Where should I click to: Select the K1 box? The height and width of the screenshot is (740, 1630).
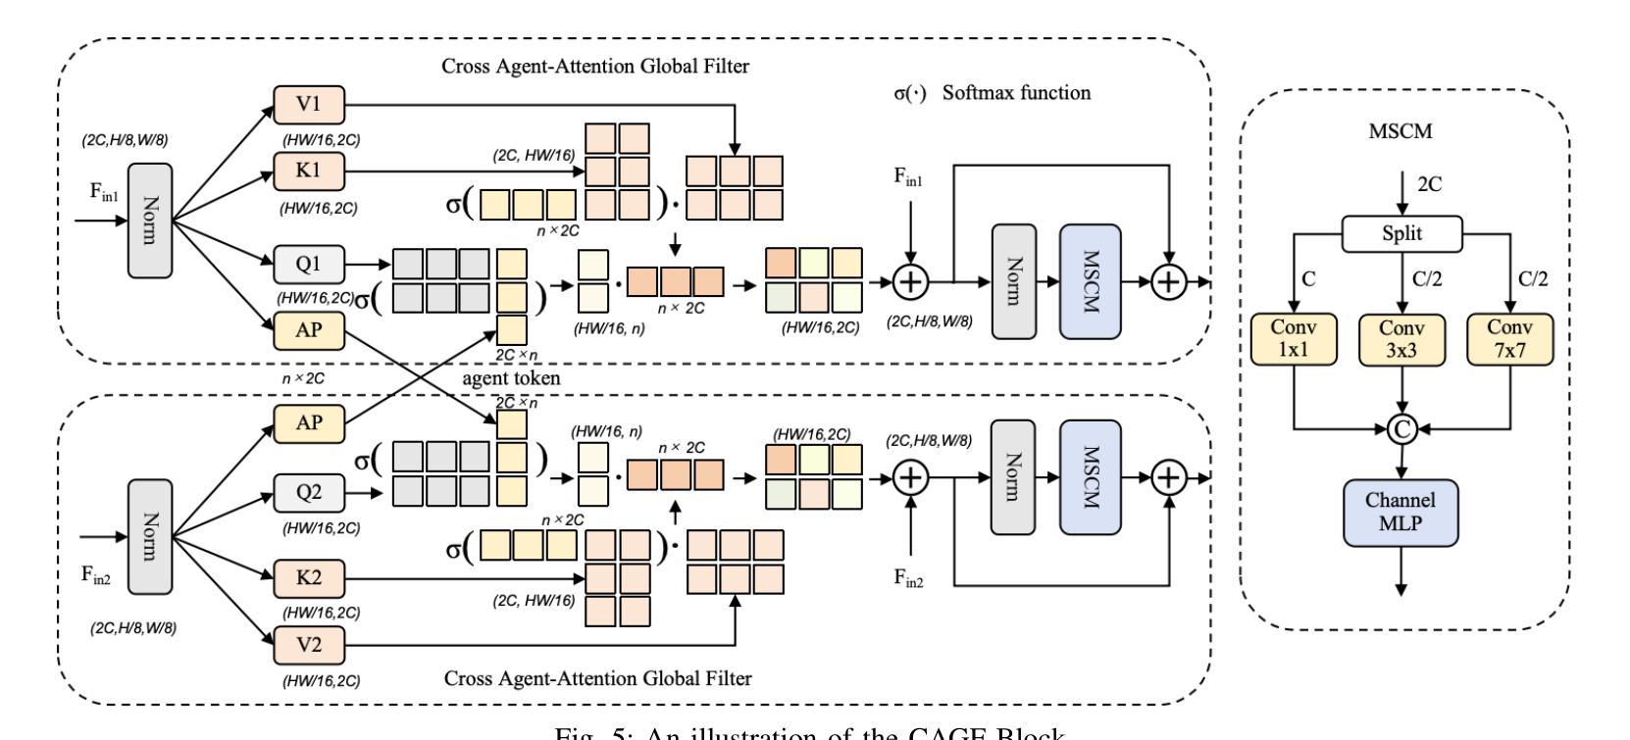point(308,171)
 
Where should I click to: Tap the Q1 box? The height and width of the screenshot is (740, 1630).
point(308,263)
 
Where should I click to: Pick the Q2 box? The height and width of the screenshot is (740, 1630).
point(308,492)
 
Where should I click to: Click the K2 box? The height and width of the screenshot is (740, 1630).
point(308,578)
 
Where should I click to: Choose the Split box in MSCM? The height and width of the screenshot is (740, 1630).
point(1402,234)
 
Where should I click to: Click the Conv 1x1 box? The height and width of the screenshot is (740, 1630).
point(1294,338)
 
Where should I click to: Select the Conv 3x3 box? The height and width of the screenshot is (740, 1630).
point(1402,338)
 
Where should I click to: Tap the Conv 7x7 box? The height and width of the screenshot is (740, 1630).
point(1510,338)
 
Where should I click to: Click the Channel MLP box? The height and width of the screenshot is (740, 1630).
point(1401,512)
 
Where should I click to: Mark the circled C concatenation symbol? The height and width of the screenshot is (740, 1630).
point(1401,427)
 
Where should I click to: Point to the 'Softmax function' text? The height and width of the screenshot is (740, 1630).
point(1016,93)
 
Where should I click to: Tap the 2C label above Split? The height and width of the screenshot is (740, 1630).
point(1430,183)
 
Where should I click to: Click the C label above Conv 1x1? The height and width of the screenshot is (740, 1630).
point(1308,279)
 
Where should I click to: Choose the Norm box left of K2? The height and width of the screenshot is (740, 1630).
point(149,535)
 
